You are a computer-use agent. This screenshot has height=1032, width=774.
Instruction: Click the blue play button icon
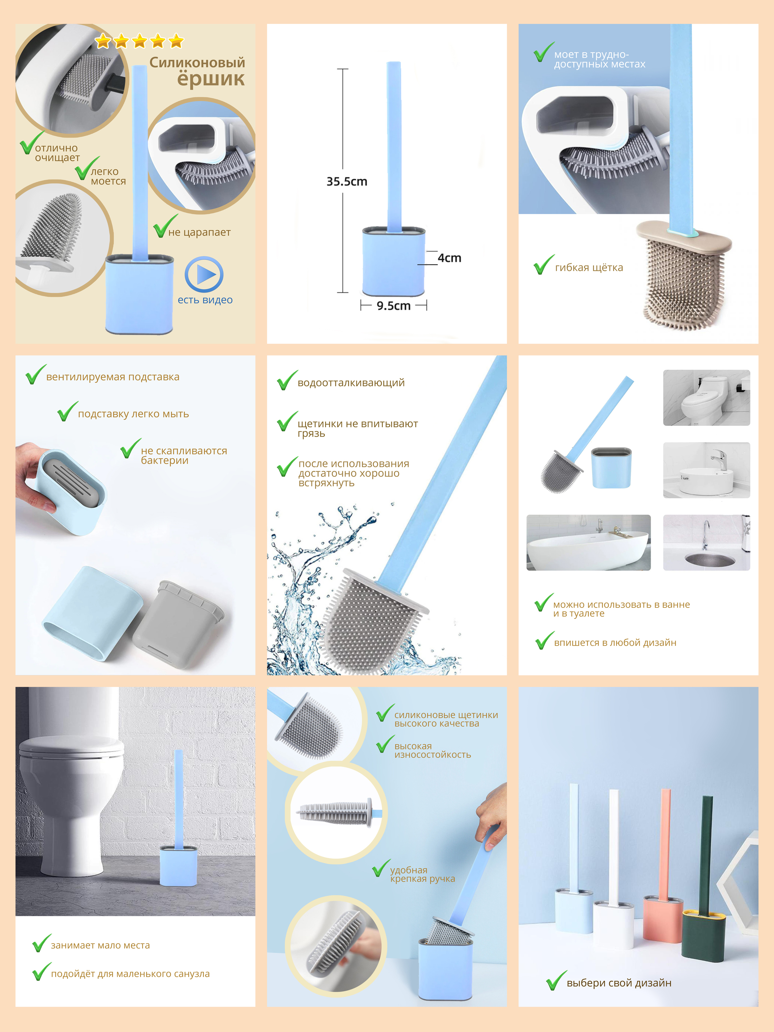(204, 274)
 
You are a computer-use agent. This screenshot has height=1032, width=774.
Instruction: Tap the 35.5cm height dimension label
(347, 182)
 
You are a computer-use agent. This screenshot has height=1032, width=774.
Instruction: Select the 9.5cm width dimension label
(394, 306)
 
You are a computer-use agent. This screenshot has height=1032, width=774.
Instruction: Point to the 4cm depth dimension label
(449, 258)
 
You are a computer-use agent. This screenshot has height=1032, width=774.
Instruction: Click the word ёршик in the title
(211, 79)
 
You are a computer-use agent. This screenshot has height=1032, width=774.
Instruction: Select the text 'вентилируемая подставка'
(113, 377)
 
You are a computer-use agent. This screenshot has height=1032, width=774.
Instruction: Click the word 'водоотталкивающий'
(351, 383)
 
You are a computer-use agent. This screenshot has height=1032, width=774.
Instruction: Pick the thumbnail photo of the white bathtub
(588, 542)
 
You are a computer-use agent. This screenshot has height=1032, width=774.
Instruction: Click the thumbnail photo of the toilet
(706, 398)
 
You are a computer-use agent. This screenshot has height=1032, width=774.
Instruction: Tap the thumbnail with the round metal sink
(706, 542)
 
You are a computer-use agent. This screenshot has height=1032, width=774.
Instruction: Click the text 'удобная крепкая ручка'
(422, 874)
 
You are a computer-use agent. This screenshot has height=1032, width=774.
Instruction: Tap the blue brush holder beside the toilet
(178, 866)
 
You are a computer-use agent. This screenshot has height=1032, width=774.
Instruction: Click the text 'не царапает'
(199, 232)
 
